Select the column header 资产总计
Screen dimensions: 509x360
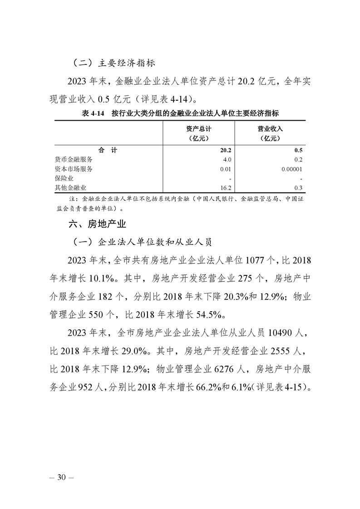coord(198,129)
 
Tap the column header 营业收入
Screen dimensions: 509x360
coord(270,129)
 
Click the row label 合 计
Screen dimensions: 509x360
coord(108,150)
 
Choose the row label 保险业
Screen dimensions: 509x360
coord(64,178)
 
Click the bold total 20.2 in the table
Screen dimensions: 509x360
coord(226,150)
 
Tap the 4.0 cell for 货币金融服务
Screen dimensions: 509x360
coord(227,159)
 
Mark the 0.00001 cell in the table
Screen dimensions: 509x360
coord(291,169)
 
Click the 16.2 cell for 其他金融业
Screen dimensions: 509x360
coord(227,187)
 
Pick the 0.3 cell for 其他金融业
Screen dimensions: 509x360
coord(298,187)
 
